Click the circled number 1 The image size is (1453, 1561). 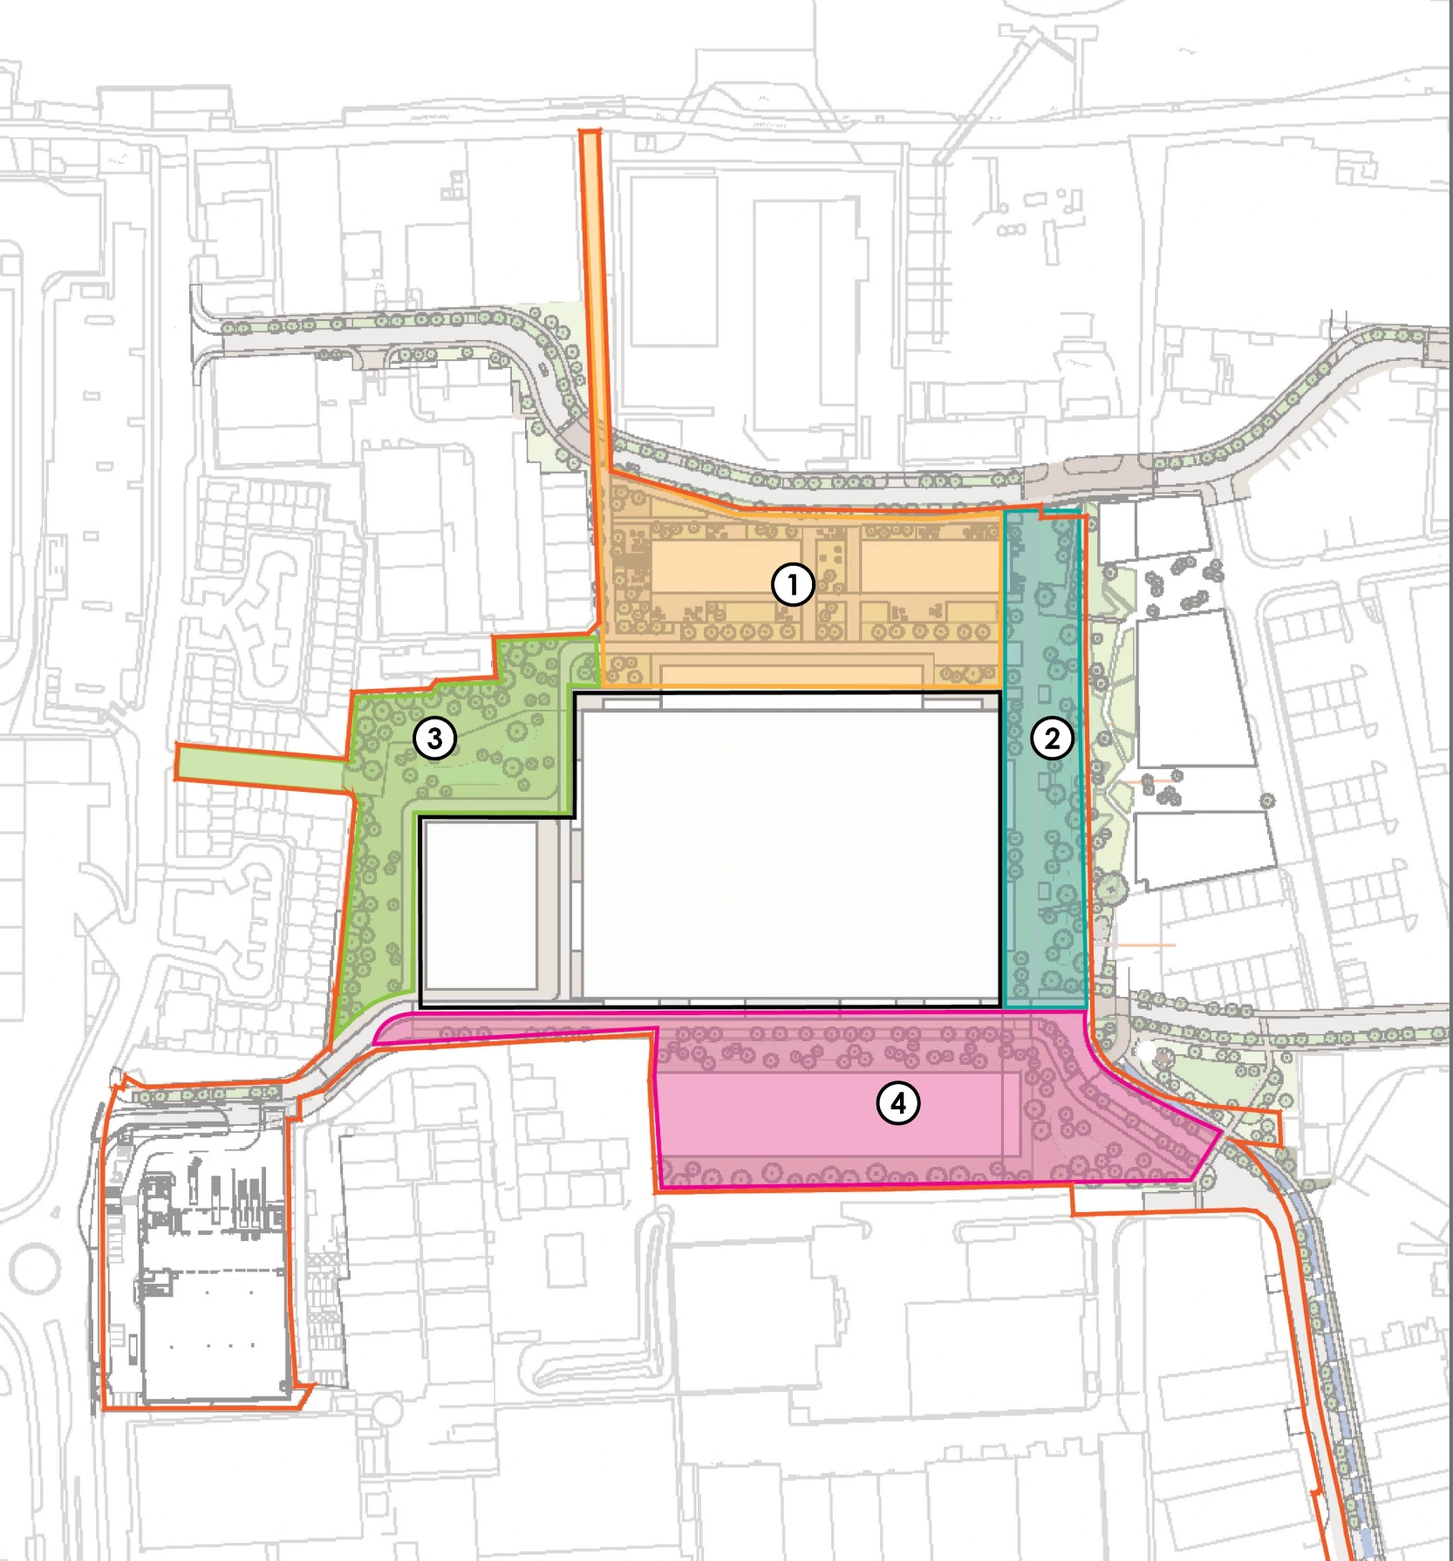pyautogui.click(x=793, y=584)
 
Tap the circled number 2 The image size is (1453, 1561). pyautogui.click(x=1052, y=739)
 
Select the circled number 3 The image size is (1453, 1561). pyautogui.click(x=434, y=739)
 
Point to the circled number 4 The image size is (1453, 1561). pyautogui.click(x=897, y=1104)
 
